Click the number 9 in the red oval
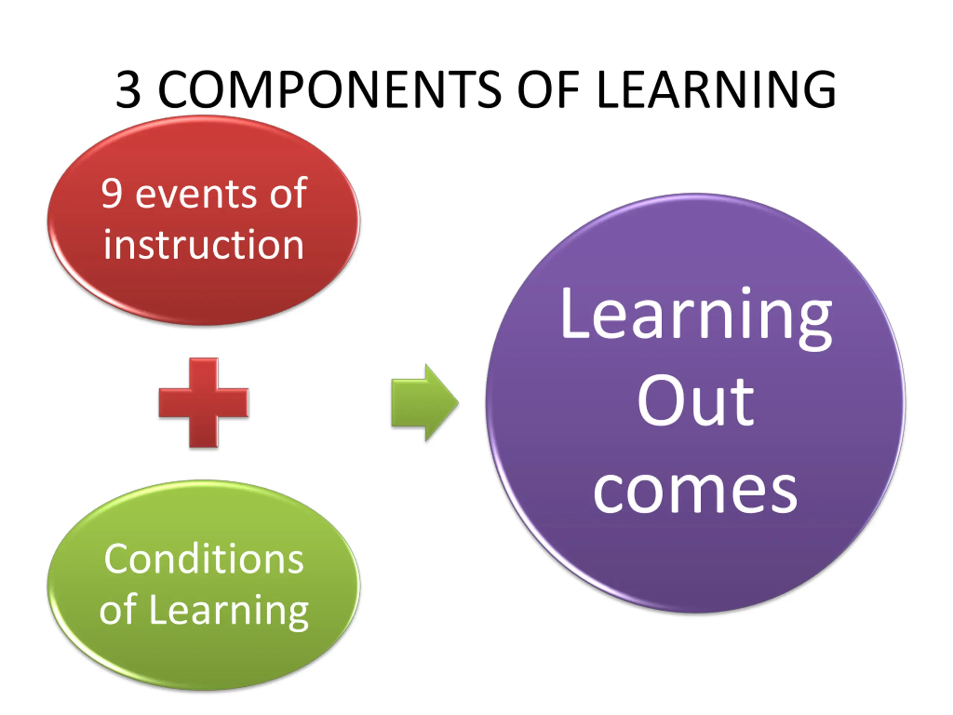112,194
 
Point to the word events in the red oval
197,195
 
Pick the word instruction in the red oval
204,244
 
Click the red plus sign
204,403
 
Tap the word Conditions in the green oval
204,559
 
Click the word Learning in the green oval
228,611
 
